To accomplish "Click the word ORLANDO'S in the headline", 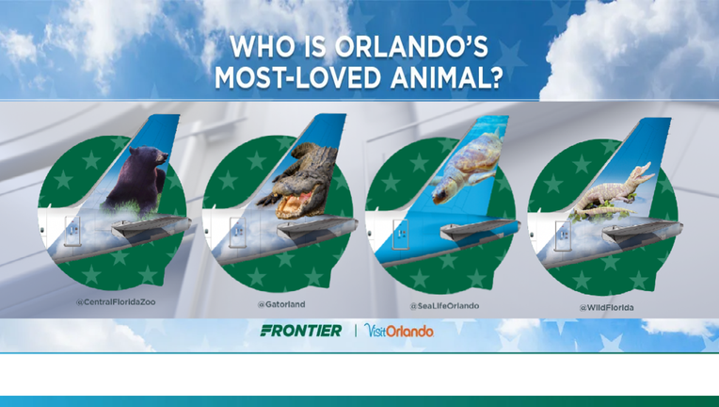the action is (x=411, y=47).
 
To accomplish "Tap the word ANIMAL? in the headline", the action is (x=446, y=77).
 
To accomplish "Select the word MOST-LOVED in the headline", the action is (x=298, y=77).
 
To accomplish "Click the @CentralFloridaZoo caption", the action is (x=116, y=302).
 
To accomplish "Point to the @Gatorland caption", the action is (x=281, y=304).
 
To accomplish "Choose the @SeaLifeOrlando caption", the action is (x=444, y=306).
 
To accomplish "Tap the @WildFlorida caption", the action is (x=606, y=307).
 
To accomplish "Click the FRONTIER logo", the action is (x=301, y=331).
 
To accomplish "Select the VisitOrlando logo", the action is (x=398, y=330).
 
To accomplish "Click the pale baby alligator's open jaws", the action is (x=646, y=171).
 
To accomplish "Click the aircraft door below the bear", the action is (x=72, y=231).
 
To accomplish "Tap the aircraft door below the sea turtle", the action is (x=400, y=234).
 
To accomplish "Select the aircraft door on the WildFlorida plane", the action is (x=563, y=236).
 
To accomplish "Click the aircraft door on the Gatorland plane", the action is (x=237, y=233).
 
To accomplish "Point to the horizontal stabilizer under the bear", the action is (x=152, y=227).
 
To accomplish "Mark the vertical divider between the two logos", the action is (x=356, y=331).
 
